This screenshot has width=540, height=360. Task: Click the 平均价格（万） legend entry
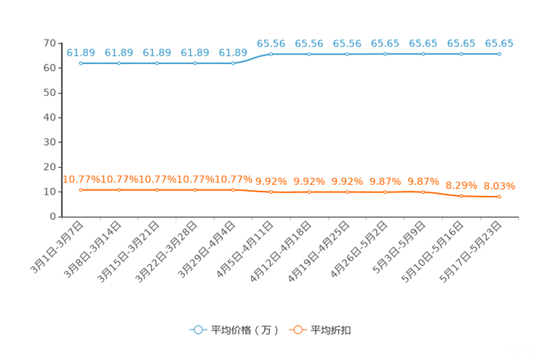[x=234, y=330]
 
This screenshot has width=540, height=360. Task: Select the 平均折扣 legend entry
[x=320, y=330]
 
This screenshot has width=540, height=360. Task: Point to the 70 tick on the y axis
[x=49, y=43]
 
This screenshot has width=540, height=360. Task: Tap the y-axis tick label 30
[x=49, y=142]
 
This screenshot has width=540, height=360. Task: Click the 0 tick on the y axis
[x=53, y=216]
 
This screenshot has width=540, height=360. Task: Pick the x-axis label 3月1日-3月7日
[x=57, y=247]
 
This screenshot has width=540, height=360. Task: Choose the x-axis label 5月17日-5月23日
[x=471, y=252]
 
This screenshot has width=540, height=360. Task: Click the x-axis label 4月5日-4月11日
[x=245, y=250]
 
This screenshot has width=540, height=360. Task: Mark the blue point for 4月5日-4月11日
[x=271, y=54]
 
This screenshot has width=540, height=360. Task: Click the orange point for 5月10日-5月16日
[x=461, y=196]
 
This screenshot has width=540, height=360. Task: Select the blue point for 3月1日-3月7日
[x=81, y=63]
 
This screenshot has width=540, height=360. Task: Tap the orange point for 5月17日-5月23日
[x=499, y=197]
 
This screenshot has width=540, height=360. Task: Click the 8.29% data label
[x=461, y=186]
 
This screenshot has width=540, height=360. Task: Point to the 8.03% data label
[x=499, y=186]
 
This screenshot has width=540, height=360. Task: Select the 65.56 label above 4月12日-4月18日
[x=309, y=44]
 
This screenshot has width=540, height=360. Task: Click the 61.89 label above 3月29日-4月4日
[x=233, y=52]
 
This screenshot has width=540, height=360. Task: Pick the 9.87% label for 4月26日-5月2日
[x=385, y=181]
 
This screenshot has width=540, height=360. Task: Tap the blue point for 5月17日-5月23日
[x=499, y=54]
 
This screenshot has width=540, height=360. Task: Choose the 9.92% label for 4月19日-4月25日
[x=347, y=181]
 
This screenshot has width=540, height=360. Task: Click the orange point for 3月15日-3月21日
[x=157, y=190]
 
